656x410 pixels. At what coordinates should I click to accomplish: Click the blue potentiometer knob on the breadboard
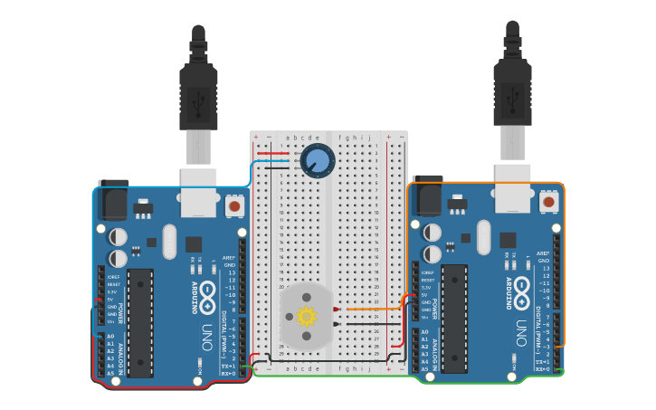tap(317, 161)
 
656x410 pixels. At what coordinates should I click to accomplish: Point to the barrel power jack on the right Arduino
tap(426, 198)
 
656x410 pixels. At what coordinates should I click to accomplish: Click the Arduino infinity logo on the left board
tap(207, 293)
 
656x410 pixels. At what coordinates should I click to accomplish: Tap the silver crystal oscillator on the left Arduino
tap(169, 242)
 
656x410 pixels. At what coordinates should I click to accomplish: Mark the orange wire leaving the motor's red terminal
tap(371, 310)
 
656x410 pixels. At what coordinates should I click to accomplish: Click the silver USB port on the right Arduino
tap(512, 188)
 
